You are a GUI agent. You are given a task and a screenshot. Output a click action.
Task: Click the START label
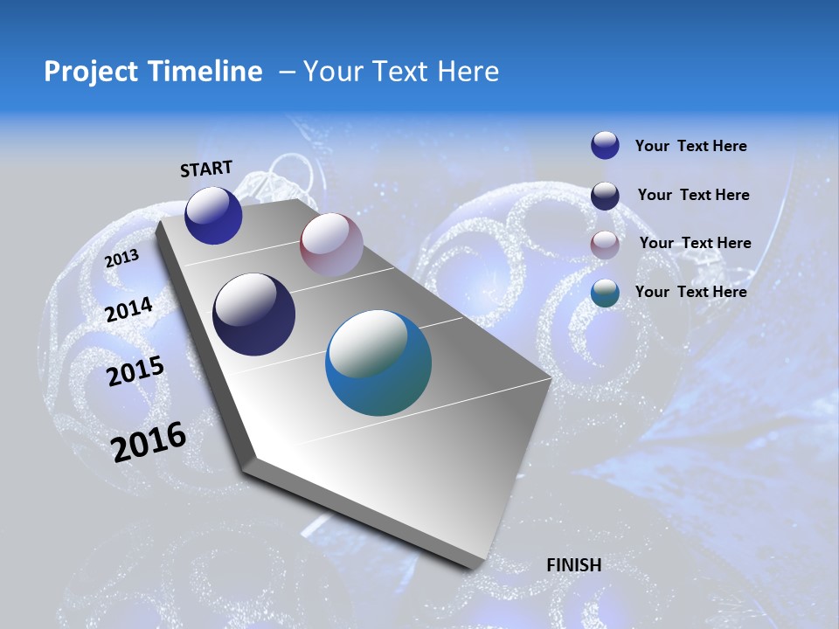tap(206, 169)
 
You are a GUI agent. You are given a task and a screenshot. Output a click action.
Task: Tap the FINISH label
tap(573, 565)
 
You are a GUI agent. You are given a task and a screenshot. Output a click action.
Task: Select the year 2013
tap(121, 259)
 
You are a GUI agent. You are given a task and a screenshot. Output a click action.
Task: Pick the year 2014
tap(129, 310)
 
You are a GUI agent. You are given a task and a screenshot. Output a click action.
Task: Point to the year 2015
tap(135, 371)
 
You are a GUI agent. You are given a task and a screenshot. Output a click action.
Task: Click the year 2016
tap(149, 442)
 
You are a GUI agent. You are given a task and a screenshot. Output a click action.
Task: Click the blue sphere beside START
tap(213, 215)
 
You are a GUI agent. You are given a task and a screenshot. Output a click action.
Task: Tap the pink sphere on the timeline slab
tap(331, 244)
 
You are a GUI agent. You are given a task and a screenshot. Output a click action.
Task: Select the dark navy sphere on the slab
tap(254, 314)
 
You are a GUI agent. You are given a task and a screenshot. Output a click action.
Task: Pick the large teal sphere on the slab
tap(378, 363)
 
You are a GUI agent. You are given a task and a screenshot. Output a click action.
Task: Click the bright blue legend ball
tap(605, 145)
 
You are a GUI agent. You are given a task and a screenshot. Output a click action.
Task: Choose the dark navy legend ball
tap(605, 196)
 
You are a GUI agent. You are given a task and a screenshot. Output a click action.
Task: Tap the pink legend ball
tap(605, 245)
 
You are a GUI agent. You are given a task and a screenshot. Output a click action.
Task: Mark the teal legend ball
tap(605, 293)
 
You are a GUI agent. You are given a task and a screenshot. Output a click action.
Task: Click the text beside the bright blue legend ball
tap(690, 147)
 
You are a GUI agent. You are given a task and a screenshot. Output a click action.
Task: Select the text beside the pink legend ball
tap(695, 243)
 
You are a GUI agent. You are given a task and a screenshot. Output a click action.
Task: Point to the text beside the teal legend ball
tap(690, 292)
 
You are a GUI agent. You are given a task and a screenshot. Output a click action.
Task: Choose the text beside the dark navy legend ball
tap(693, 195)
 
